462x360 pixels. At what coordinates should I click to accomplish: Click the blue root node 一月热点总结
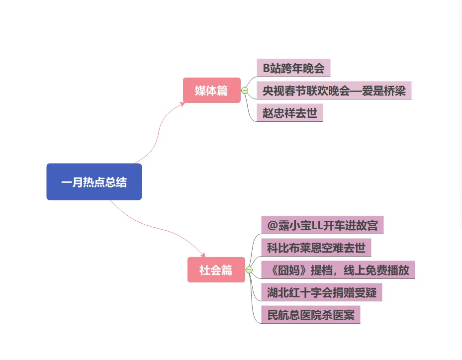pyautogui.click(x=94, y=182)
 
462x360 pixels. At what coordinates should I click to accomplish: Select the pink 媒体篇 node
pyautogui.click(x=211, y=90)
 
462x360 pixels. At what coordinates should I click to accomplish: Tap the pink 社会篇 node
pyautogui.click(x=216, y=270)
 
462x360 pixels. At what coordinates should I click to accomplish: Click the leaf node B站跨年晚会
pyautogui.click(x=293, y=68)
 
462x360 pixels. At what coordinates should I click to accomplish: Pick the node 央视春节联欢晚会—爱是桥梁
pyautogui.click(x=334, y=90)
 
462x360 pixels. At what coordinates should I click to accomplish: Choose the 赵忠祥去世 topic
pyautogui.click(x=290, y=113)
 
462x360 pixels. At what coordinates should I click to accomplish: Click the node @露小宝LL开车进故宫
pyautogui.click(x=322, y=225)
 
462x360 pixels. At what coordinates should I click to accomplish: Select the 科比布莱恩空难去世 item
pyautogui.click(x=316, y=248)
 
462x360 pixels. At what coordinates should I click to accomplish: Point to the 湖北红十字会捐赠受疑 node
pyautogui.click(x=321, y=292)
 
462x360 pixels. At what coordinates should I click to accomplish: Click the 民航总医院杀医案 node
pyautogui.click(x=310, y=315)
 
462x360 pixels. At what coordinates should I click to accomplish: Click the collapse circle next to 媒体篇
pyautogui.click(x=245, y=90)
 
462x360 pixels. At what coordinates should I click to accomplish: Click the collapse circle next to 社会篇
pyautogui.click(x=249, y=270)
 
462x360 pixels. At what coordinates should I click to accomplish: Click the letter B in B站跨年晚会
pyautogui.click(x=267, y=68)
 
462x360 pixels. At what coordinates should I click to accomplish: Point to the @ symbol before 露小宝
pyautogui.click(x=272, y=225)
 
